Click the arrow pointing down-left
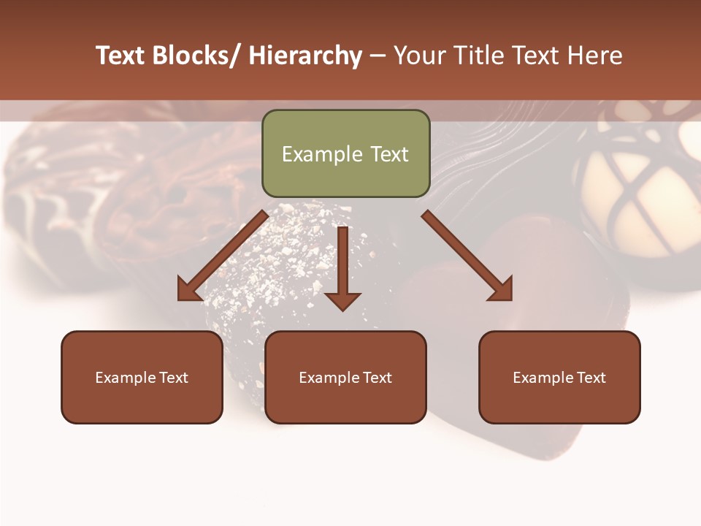[223, 255]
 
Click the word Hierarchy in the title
[304, 56]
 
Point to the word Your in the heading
[418, 56]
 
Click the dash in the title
[378, 56]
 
